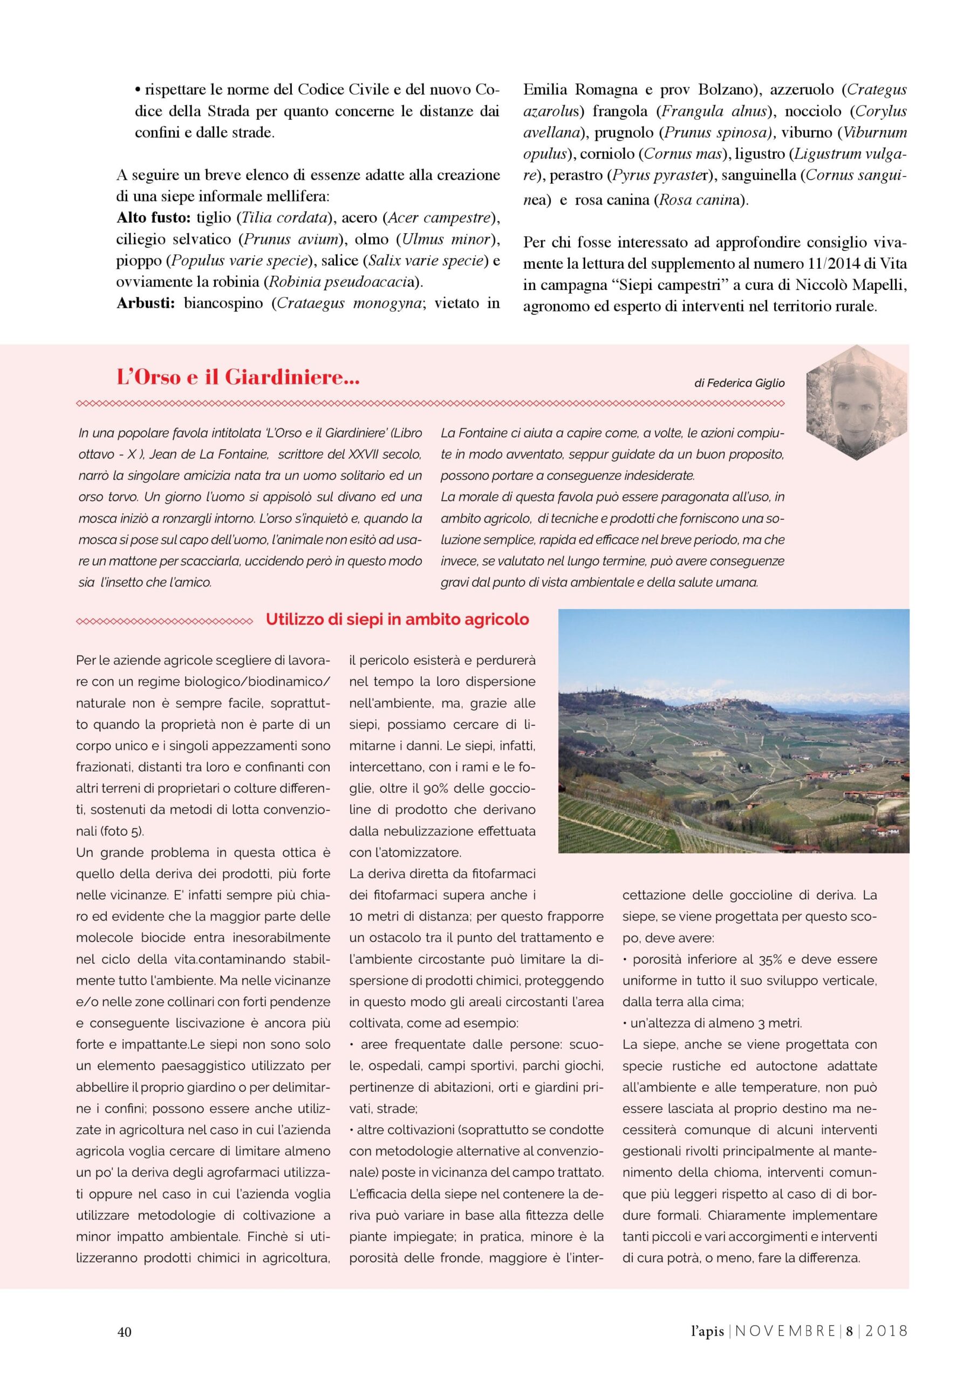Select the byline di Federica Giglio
pos(740,383)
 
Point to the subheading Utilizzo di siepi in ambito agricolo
pos(397,619)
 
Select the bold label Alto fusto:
pos(153,218)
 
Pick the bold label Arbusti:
pos(146,303)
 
